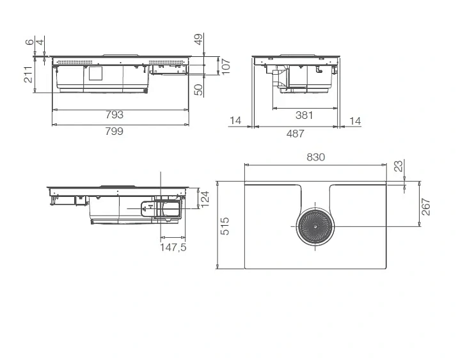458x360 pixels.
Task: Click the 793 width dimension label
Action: click(x=114, y=114)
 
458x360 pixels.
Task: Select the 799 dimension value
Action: click(x=114, y=131)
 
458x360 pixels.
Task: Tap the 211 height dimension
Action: click(x=29, y=75)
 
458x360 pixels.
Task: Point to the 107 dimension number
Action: click(x=226, y=67)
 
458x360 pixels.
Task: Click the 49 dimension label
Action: click(x=199, y=40)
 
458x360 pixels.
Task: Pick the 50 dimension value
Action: click(x=199, y=90)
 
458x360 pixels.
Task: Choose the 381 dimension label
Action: click(x=304, y=115)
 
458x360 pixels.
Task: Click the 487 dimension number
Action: click(x=296, y=134)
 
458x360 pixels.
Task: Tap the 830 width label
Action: click(x=316, y=157)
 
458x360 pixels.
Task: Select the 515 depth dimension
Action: click(x=225, y=226)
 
